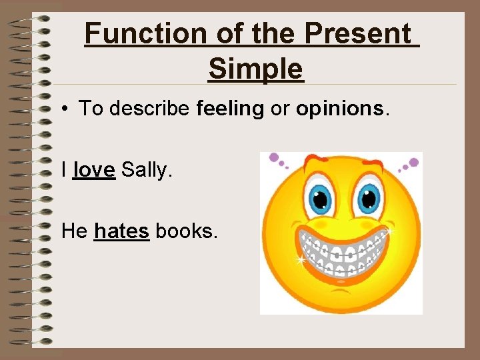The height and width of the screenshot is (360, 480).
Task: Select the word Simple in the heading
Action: coord(255,68)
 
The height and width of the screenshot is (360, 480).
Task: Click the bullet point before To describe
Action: coord(68,109)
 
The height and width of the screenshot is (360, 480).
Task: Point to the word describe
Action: coord(150,109)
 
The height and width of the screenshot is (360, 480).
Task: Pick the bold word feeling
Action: coord(231,109)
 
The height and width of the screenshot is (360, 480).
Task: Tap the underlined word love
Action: coord(94,171)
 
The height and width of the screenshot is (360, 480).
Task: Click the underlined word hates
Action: coord(121,231)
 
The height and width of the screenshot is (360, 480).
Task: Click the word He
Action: coord(74,231)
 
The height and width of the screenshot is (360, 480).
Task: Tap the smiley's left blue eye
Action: coord(321,198)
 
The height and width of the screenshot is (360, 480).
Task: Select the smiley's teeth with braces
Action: coord(343,250)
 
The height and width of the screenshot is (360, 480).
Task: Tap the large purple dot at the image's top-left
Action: coord(273,158)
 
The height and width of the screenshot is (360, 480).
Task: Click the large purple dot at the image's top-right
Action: coord(414,161)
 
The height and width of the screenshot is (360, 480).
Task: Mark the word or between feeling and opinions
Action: coord(280,109)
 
